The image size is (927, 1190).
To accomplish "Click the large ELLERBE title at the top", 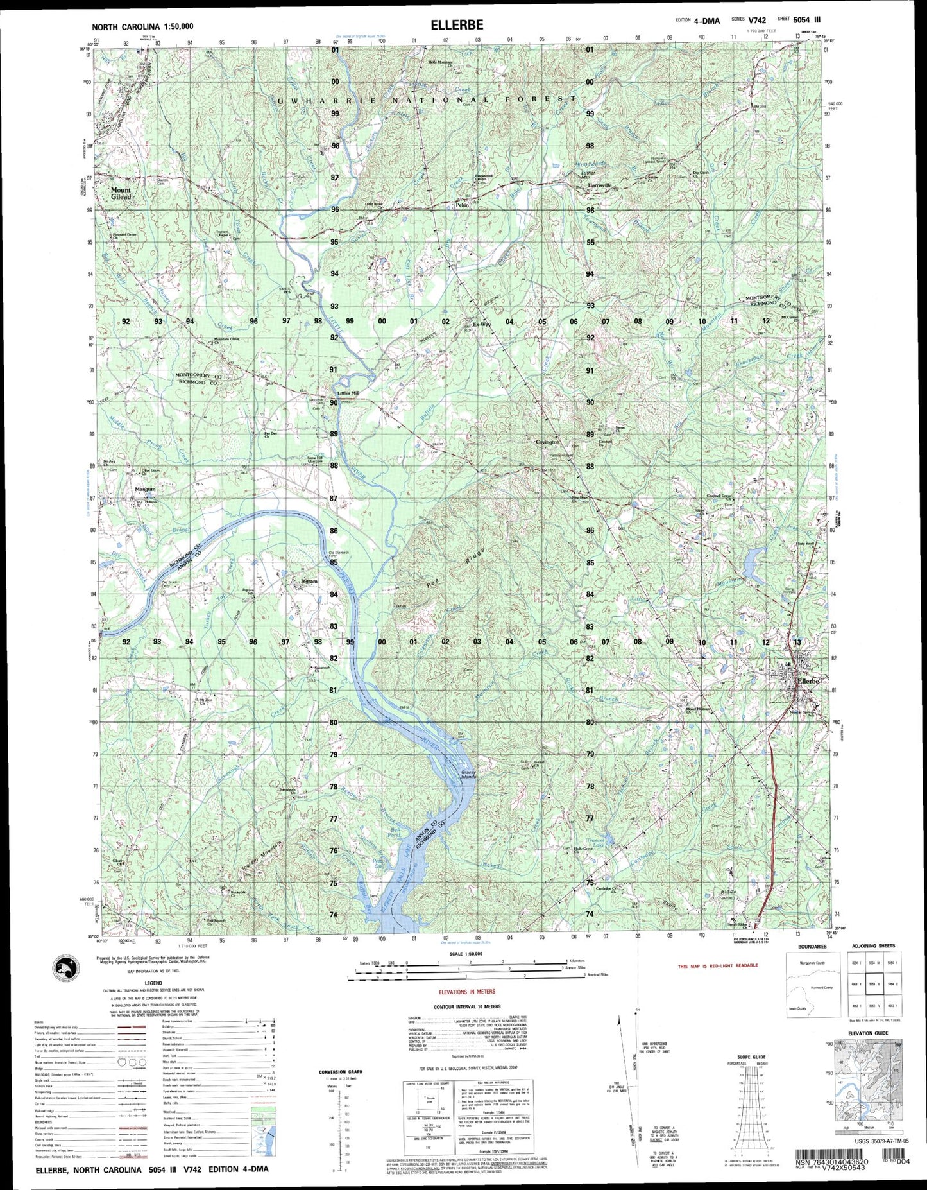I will coord(457,25).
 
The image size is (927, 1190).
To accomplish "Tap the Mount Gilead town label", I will coord(121,193).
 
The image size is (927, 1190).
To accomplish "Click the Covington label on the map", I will coord(548,442).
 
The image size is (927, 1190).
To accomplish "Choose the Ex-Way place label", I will coord(482,325).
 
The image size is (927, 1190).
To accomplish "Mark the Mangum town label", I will coord(145,490).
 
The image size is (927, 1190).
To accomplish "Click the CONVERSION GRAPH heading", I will coord(341,1072).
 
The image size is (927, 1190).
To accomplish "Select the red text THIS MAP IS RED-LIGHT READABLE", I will coord(718,965).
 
